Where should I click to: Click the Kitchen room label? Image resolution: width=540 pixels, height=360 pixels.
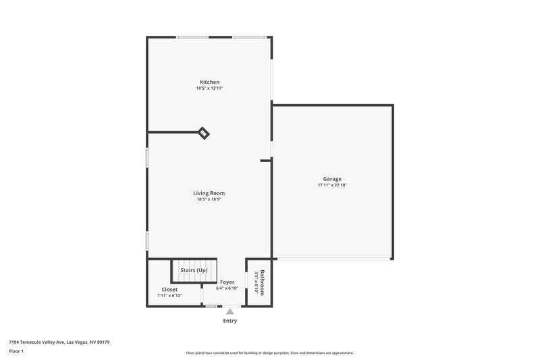(209, 82)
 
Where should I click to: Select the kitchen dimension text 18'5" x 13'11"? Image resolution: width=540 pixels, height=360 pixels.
(209, 88)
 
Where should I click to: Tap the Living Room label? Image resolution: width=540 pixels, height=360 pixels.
(209, 192)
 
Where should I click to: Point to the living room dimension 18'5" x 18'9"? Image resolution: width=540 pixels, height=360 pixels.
(209, 199)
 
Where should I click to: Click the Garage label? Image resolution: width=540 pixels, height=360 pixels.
(331, 178)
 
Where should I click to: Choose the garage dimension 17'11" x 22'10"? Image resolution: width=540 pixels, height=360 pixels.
(331, 185)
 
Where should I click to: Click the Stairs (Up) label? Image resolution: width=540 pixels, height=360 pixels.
(194, 270)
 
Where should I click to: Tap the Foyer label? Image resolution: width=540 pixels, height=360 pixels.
(227, 282)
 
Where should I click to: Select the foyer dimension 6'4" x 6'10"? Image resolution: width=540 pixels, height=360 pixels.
(227, 288)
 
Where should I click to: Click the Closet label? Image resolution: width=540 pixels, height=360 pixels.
(169, 289)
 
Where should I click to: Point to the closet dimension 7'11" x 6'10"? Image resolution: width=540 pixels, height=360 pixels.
(169, 296)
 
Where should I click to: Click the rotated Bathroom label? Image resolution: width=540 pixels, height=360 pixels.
(263, 282)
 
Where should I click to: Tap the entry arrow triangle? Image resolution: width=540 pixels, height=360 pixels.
(230, 311)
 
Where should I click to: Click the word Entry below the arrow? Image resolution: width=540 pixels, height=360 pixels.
(230, 321)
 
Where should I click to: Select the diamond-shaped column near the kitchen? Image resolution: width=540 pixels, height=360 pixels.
(203, 132)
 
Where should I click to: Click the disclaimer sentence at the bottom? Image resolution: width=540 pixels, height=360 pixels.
(270, 353)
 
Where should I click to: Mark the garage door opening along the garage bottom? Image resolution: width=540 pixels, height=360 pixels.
(334, 259)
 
